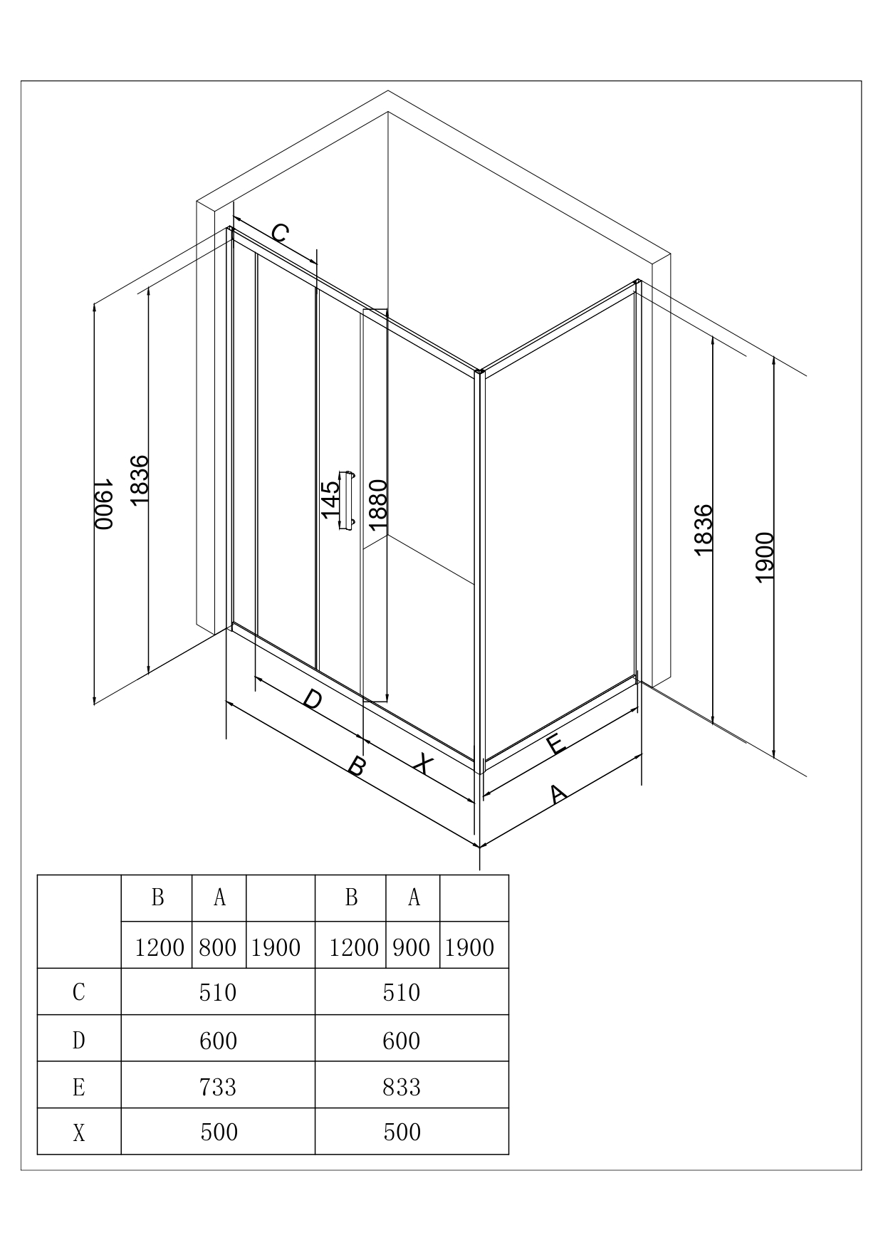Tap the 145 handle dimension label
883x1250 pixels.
tap(330, 499)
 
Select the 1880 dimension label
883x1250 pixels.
tap(377, 504)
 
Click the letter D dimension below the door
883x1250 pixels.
tap(312, 700)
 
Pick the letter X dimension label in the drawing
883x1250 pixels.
tap(423, 764)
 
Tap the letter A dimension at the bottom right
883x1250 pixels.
tap(558, 793)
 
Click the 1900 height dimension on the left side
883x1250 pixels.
tap(104, 503)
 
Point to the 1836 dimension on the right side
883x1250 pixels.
tap(702, 530)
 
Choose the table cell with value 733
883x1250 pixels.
tap(218, 1088)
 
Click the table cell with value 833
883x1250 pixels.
tap(402, 1088)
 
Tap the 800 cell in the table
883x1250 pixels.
tap(218, 947)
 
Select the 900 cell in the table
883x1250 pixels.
tap(412, 947)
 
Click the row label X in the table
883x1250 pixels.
tap(79, 1132)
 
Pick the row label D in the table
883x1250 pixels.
tap(79, 1041)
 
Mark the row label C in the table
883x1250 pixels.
tap(79, 992)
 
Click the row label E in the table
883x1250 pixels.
tap(79, 1088)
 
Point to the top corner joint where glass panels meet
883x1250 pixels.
tap(481, 371)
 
